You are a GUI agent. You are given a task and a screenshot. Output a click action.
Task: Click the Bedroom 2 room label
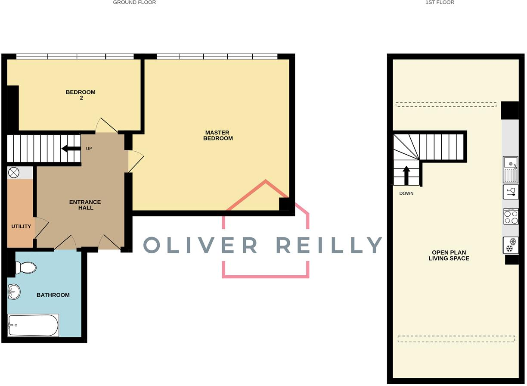pyautogui.click(x=81, y=95)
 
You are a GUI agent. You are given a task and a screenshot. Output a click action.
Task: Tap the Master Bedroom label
pyautogui.click(x=218, y=136)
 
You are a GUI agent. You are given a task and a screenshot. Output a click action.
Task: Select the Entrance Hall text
pyautogui.click(x=85, y=205)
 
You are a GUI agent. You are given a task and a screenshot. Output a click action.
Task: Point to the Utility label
pyautogui.click(x=21, y=226)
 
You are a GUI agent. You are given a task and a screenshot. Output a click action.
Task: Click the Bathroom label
pyautogui.click(x=53, y=295)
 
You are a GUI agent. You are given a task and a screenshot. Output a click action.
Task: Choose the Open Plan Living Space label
pyautogui.click(x=449, y=255)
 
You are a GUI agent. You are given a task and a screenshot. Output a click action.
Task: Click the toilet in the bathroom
pyautogui.click(x=25, y=268)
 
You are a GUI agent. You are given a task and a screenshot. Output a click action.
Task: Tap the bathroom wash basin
pyautogui.click(x=14, y=292)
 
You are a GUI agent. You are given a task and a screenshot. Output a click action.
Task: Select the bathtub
pyautogui.click(x=33, y=325)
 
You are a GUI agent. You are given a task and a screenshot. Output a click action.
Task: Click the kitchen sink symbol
pyautogui.click(x=511, y=170)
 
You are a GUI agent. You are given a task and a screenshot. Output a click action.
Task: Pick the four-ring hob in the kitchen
pyautogui.click(x=511, y=216)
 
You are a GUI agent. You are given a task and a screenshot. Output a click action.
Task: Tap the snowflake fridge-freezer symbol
pyautogui.click(x=511, y=245)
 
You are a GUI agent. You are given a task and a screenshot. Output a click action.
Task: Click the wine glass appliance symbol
pyautogui.click(x=511, y=192)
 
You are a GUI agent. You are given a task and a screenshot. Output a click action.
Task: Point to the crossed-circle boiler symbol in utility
pyautogui.click(x=14, y=173)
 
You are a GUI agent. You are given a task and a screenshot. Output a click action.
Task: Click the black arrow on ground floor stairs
pyautogui.click(x=71, y=149)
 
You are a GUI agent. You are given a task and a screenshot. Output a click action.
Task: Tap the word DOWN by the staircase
pyautogui.click(x=406, y=193)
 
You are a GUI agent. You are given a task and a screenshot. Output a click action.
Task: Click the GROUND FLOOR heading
pyautogui.click(x=134, y=3)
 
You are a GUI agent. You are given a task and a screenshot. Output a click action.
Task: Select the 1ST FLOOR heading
pyautogui.click(x=440, y=3)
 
